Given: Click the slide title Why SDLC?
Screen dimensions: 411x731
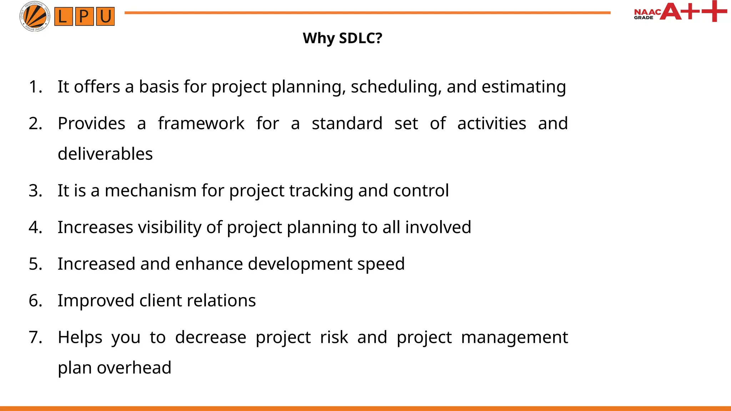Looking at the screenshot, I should (342, 38).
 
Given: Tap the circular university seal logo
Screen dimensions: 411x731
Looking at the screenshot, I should (35, 16).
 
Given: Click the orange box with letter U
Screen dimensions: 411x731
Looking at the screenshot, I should (105, 17).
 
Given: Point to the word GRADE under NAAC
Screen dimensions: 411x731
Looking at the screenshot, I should (643, 18).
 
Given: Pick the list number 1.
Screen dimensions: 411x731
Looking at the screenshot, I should (35, 87).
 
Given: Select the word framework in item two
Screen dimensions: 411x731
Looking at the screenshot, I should (201, 123).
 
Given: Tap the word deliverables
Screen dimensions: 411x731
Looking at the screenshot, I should (105, 154).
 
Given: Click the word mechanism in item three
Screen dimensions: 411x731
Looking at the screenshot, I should (150, 191).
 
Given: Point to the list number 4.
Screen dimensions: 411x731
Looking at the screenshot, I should (35, 227).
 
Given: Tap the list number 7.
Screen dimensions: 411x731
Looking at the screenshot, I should (35, 337).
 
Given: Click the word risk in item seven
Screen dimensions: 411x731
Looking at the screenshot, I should (334, 337).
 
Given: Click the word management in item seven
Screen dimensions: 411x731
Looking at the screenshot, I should (514, 338).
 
